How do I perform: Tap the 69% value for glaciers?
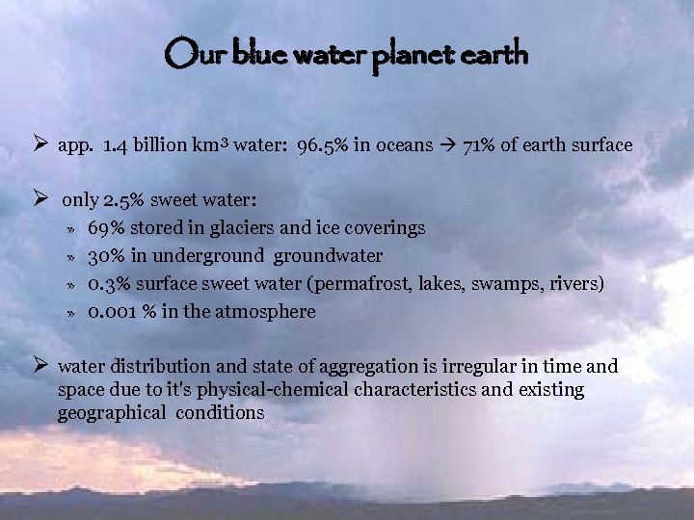[105, 228]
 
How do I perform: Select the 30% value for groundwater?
[105, 256]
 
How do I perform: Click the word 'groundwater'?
[328, 256]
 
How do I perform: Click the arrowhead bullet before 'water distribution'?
[40, 366]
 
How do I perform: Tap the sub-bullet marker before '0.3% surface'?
[70, 285]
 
